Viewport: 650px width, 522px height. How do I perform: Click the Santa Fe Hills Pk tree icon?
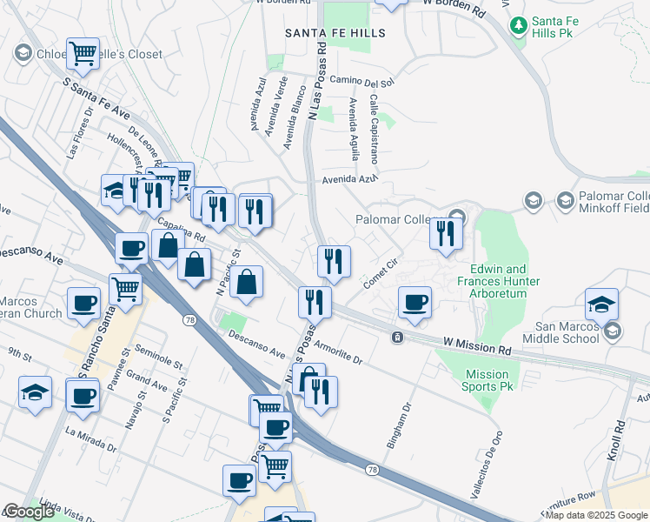[519, 24]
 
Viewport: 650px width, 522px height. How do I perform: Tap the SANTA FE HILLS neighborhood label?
[335, 32]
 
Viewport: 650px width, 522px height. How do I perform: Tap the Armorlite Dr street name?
[338, 351]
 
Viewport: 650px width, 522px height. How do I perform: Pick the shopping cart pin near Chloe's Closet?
[83, 54]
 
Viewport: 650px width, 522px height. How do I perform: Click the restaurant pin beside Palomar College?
[446, 233]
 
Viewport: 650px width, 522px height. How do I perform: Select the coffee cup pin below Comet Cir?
[415, 302]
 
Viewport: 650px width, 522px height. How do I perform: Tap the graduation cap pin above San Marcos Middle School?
[601, 304]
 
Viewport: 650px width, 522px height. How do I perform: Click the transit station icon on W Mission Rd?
[396, 337]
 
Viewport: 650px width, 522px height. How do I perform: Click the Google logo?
[29, 512]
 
